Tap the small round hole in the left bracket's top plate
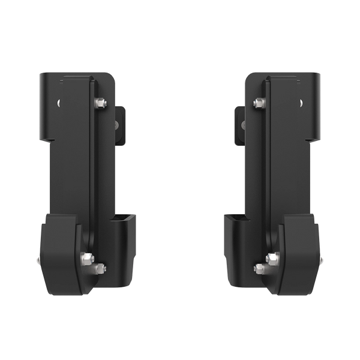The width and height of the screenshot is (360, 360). pos(59,102)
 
